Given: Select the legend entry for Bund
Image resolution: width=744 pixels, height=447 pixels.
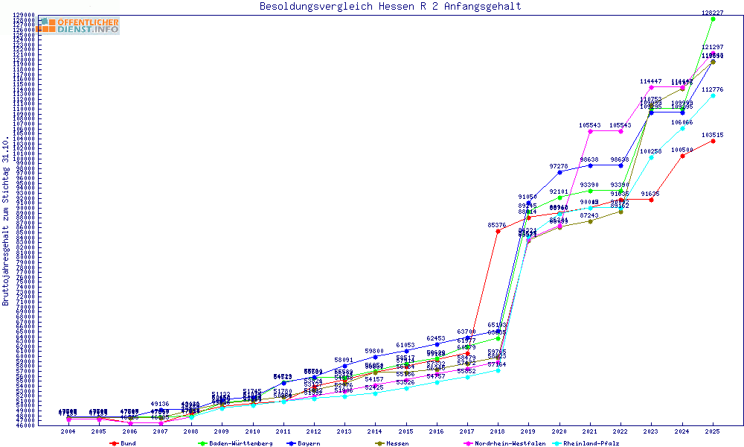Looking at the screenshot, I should click(x=124, y=443).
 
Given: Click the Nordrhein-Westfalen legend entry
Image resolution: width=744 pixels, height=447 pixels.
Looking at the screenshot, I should click(x=494, y=443).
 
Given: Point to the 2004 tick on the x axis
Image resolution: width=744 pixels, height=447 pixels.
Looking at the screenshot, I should click(x=68, y=431).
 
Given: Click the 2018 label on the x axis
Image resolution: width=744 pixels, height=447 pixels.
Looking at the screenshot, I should click(x=498, y=431).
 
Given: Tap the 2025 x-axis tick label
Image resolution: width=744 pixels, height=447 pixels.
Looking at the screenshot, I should click(x=713, y=431).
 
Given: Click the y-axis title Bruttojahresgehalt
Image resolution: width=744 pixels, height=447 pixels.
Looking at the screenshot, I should click(x=6, y=221).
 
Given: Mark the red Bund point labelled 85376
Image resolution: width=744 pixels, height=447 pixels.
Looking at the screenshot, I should click(x=498, y=231).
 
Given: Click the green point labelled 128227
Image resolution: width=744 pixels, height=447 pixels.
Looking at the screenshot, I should click(x=713, y=19).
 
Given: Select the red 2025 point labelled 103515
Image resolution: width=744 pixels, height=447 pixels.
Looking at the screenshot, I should click(x=713, y=141).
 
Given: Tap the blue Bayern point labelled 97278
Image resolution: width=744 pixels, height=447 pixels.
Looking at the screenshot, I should click(x=559, y=172).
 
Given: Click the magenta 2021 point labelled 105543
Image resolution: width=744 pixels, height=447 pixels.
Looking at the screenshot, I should click(x=590, y=131).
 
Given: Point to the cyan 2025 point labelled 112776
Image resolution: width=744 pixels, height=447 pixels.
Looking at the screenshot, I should click(x=713, y=95).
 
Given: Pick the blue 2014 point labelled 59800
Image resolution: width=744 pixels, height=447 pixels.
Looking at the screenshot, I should click(x=375, y=357).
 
